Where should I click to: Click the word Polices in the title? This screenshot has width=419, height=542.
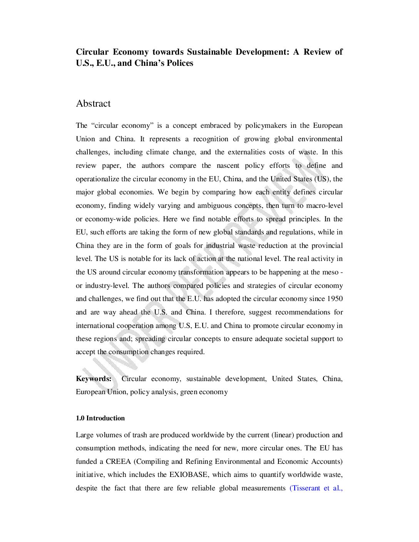[x=180, y=63]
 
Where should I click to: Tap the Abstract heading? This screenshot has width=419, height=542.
[x=93, y=104]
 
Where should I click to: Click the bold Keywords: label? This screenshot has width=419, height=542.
[x=94, y=379]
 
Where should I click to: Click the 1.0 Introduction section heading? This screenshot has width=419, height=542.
[x=100, y=418]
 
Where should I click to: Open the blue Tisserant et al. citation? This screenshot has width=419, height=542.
[x=316, y=488]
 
